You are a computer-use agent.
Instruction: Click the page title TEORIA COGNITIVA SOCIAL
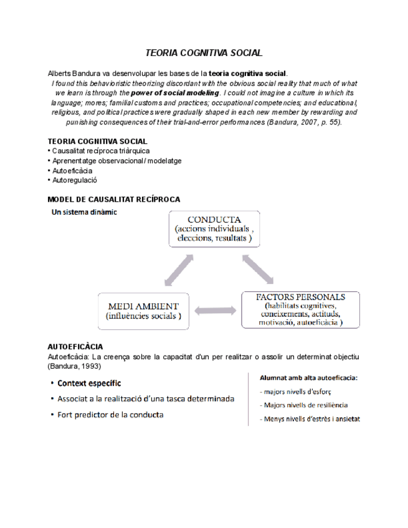(204, 54)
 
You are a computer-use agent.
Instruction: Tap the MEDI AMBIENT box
(144, 311)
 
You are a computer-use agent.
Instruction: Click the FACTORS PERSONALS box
(301, 310)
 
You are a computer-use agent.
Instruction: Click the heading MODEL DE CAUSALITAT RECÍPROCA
(114, 199)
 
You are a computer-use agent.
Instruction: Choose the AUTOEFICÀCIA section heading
(75, 346)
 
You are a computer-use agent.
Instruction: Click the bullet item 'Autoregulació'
(74, 180)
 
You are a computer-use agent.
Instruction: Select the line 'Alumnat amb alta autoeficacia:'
(308, 377)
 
